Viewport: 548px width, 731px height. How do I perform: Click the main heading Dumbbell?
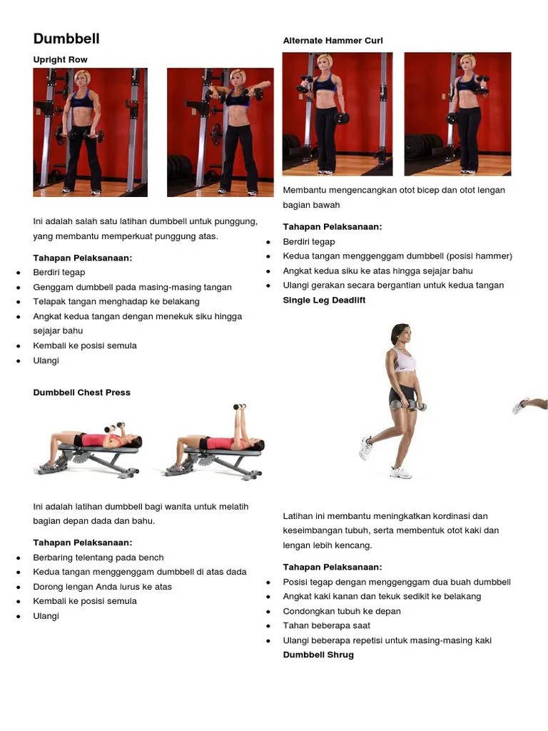click(x=66, y=39)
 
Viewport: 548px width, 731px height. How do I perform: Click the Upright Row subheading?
click(x=60, y=60)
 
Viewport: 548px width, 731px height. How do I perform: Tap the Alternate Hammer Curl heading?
click(x=333, y=41)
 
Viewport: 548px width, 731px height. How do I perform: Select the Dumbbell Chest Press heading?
click(x=81, y=393)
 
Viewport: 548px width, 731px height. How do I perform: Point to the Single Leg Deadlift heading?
click(x=324, y=301)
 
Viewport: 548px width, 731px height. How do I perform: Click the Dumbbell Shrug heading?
click(x=318, y=655)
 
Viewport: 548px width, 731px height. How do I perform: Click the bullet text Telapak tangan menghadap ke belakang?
click(x=116, y=302)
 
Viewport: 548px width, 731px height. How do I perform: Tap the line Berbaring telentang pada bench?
click(x=98, y=558)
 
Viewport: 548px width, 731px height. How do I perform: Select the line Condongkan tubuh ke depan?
click(x=342, y=611)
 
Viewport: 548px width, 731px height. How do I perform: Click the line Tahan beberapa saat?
click(x=326, y=625)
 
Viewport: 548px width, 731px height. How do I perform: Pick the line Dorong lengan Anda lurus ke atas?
click(x=102, y=587)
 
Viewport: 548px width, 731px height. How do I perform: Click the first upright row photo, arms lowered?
click(x=91, y=132)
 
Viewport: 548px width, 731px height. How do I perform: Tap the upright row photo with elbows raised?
click(x=220, y=132)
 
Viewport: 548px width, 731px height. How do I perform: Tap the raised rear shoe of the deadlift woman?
click(x=366, y=448)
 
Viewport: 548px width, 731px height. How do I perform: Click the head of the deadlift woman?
click(x=400, y=334)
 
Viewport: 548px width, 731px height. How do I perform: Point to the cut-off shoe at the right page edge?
click(x=521, y=405)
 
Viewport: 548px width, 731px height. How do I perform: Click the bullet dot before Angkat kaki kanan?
click(x=268, y=597)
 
